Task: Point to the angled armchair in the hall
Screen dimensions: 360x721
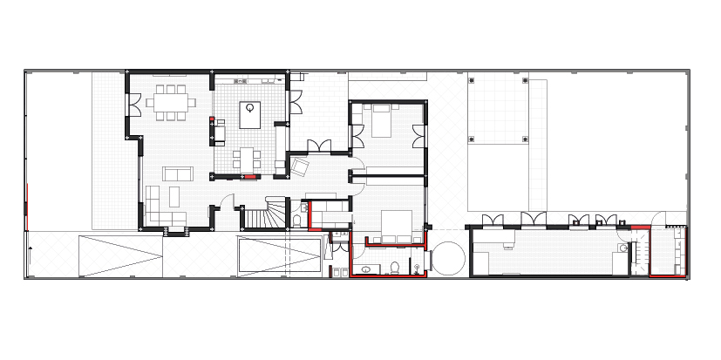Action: click(x=301, y=165)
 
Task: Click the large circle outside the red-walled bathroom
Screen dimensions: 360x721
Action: click(x=448, y=259)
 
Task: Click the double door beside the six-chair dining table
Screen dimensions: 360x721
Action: click(x=135, y=105)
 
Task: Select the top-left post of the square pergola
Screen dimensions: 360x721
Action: click(x=471, y=80)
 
